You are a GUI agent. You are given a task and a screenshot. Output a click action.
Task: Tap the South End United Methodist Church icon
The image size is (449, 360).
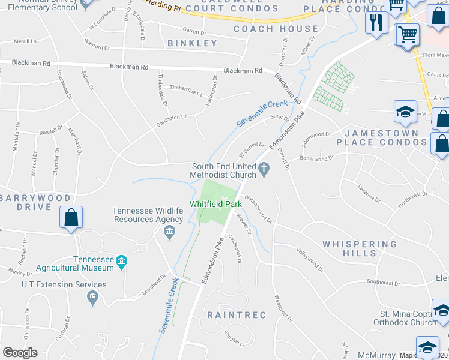pos(264,170)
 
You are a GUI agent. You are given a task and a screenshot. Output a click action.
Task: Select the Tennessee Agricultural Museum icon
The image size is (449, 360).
pos(122,261)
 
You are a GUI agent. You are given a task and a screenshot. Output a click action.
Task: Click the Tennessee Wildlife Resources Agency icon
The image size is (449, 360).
pos(169,232)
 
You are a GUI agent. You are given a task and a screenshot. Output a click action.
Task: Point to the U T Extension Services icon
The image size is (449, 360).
pos(92,297)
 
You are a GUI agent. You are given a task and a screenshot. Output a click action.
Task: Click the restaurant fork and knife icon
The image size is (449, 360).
pos(376,23)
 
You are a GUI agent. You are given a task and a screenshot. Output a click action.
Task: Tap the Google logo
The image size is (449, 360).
pos(20,353)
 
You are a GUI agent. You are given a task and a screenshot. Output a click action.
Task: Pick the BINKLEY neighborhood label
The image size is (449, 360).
pos(192,43)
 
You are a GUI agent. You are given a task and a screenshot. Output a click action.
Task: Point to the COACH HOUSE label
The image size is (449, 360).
pos(276,29)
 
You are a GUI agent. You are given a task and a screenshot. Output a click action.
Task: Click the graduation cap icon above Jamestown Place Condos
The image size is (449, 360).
pos(405,112)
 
